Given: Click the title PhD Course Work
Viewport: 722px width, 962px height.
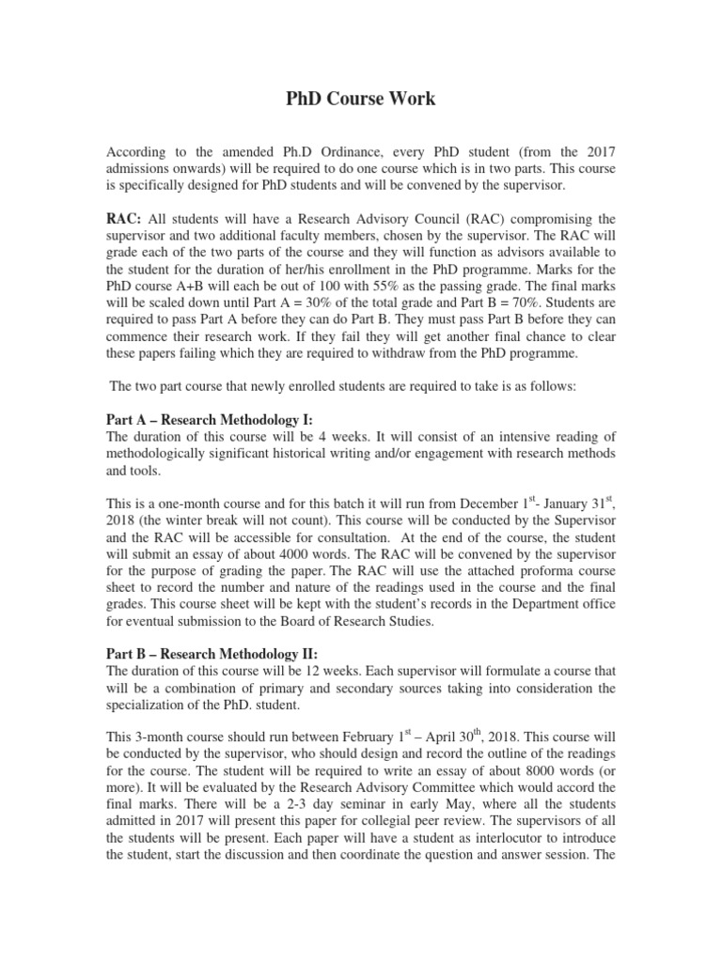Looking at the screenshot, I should coord(360,99).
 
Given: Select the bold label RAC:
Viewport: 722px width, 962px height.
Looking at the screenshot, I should coord(123,219).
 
